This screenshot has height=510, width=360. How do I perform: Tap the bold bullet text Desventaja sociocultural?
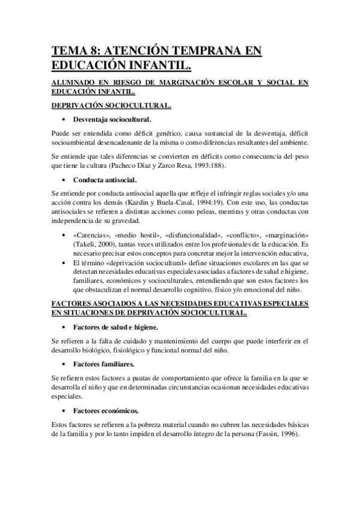point(112,120)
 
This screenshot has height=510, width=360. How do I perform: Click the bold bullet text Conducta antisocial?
point(105,179)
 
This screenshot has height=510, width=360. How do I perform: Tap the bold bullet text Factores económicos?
point(106,411)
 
